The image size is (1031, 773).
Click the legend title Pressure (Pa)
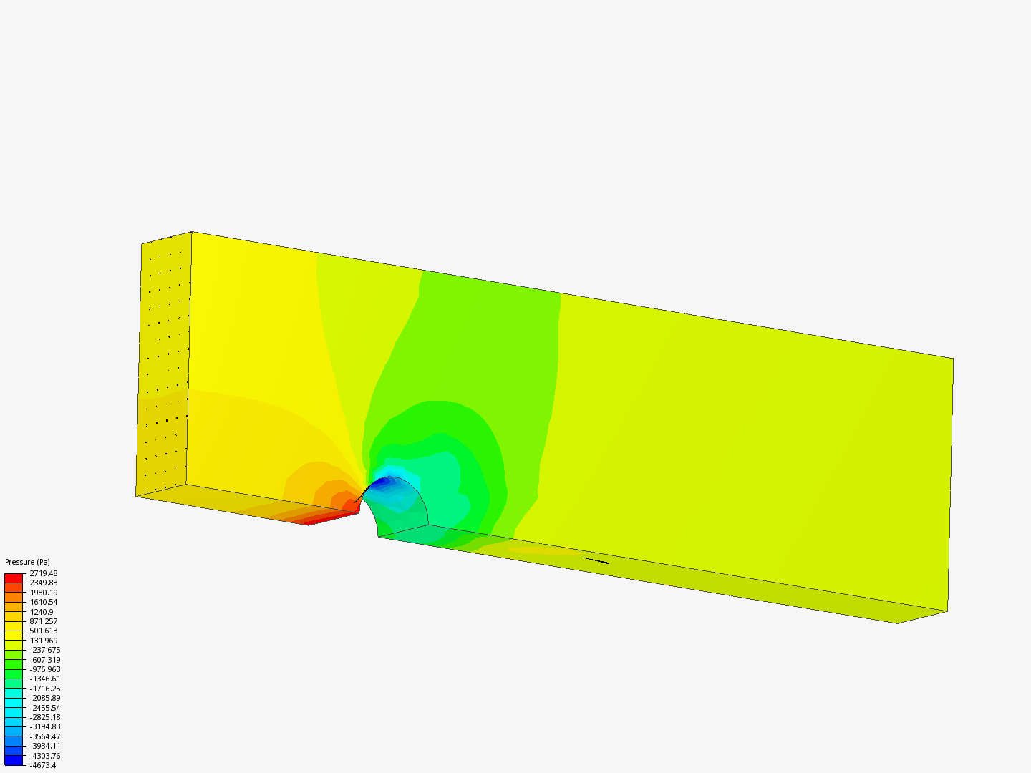(x=27, y=562)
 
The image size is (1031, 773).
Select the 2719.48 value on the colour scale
(x=44, y=573)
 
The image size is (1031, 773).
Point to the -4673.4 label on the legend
(x=43, y=766)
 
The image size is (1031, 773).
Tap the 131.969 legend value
(x=44, y=641)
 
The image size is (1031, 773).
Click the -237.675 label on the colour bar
(x=45, y=650)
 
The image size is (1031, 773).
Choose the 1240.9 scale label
(x=42, y=612)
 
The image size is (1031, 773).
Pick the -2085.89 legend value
(x=45, y=698)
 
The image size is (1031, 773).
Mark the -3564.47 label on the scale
(x=45, y=736)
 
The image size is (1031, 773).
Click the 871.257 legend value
(x=44, y=621)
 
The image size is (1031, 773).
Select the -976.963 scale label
(x=45, y=669)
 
